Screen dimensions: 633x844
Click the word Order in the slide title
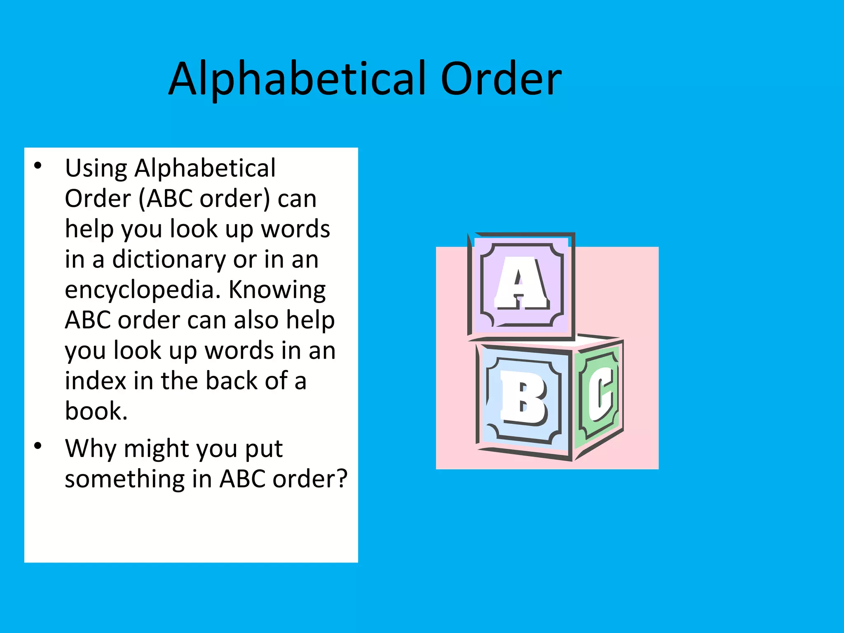[501, 78]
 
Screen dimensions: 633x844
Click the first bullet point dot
[38, 166]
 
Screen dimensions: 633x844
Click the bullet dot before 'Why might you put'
[38, 446]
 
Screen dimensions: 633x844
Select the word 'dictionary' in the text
[169, 260]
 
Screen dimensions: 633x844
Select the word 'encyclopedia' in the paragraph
[140, 290]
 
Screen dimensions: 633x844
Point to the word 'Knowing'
[277, 289]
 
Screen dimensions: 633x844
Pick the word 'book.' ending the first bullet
[96, 411]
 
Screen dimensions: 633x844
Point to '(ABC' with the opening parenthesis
[166, 199]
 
